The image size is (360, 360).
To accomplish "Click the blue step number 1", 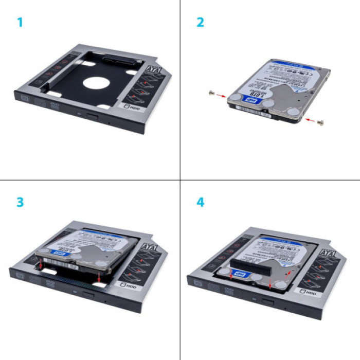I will pos(20,23).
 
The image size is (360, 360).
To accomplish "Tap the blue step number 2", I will pos(200,23).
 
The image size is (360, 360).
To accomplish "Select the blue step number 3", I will pos(20,202).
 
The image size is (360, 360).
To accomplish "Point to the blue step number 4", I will pos(200,202).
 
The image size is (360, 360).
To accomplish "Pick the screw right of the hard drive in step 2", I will pos(322,122).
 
